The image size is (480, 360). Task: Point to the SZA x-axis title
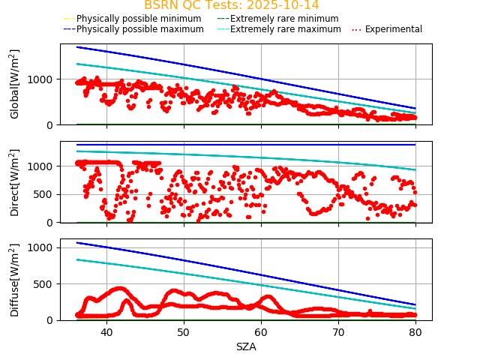246,346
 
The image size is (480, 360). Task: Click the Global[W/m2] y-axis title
15,84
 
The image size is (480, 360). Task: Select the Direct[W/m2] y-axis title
15,182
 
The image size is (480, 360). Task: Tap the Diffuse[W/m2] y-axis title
15,280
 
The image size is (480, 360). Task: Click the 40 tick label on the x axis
106,331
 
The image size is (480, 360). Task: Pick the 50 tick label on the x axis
184,331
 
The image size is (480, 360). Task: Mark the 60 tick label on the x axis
261,331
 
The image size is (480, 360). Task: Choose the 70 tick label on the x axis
338,331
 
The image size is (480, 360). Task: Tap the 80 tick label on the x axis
415,331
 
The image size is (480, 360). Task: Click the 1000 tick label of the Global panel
42,79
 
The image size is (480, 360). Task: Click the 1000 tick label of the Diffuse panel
42,247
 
